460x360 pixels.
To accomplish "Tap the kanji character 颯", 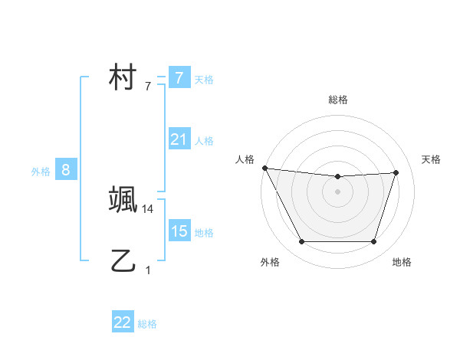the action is pos(123,200).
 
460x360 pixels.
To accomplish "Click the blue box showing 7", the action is pos(179,77).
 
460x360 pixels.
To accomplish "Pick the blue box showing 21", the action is pos(179,139).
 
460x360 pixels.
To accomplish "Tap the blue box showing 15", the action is pos(179,231).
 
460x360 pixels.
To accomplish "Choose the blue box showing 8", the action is pos(66,170).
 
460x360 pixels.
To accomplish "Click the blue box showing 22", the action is pos(123,322).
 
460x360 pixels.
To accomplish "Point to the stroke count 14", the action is pos(149,208).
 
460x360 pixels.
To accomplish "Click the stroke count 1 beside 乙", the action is pos(148,270).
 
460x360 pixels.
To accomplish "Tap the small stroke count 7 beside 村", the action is pos(148,87).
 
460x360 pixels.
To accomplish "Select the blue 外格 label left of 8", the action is pos(41,172).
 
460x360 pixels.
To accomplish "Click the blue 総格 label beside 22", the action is pos(147,324).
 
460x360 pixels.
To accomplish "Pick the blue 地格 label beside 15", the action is pos(204,232).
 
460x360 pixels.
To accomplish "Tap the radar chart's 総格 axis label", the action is pos(337,100).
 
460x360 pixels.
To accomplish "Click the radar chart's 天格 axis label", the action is pos(431,159).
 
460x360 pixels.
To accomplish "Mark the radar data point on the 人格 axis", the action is pos(264,168).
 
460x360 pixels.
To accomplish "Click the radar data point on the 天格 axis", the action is pos(396,172).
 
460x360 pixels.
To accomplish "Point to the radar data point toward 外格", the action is pos(301,242).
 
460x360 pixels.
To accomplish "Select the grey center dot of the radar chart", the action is pos(337,191).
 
